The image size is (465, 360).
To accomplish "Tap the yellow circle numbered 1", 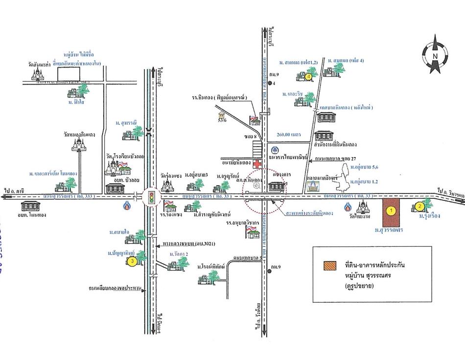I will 391,211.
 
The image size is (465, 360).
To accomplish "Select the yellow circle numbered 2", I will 420,206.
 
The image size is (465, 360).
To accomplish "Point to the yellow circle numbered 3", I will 132,262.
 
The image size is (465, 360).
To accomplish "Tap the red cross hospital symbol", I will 258,162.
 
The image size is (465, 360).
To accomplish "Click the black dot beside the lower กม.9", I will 270,270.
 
